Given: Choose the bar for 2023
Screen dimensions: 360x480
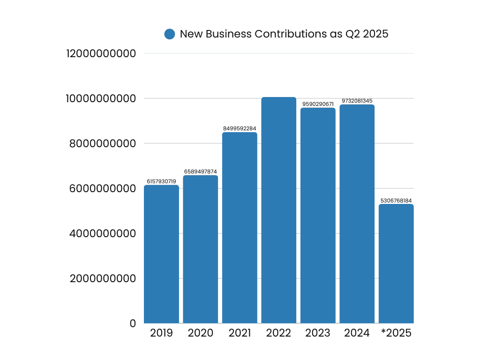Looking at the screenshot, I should [318, 215].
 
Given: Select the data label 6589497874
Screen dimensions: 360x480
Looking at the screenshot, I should [200, 172].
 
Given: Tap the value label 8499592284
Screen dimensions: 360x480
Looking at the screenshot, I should [240, 128].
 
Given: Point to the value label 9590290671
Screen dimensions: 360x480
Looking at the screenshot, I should [318, 104].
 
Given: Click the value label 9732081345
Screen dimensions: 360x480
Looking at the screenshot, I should [357, 101].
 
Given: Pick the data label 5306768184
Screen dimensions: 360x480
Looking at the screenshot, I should [396, 201].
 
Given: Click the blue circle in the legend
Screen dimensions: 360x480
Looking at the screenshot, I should [170, 34].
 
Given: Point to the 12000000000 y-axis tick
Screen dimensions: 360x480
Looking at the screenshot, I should [101, 53].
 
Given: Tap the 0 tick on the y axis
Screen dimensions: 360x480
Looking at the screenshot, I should [133, 323].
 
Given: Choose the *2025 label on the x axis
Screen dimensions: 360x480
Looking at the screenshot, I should [396, 333].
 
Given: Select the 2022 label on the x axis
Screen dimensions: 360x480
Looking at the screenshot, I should [278, 333].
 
